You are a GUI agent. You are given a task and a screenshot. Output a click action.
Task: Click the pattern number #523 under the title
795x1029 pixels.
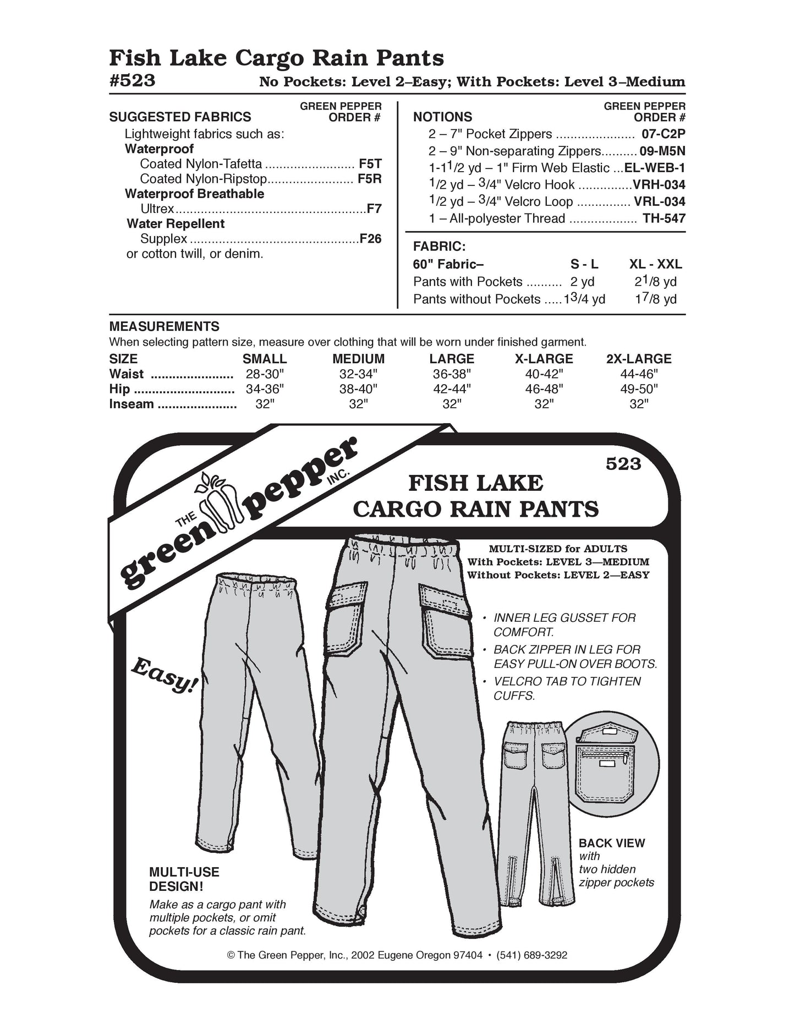tap(132, 81)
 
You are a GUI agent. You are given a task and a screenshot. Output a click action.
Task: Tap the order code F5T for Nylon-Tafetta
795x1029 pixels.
tap(370, 164)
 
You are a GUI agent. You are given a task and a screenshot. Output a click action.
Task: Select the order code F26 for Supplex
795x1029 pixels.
tap(370, 239)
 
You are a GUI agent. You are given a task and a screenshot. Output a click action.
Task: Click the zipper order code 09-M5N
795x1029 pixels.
tap(662, 151)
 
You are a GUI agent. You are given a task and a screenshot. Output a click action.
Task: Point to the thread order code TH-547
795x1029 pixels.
tap(664, 218)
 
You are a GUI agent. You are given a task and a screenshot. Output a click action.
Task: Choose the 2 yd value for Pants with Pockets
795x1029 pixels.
tap(582, 282)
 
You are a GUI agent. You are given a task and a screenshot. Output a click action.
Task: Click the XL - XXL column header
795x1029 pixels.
tap(655, 264)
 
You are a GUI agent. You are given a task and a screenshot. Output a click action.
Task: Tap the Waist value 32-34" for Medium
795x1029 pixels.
tap(358, 374)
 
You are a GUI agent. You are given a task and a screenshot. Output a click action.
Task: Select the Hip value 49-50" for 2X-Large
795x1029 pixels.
tap(638, 389)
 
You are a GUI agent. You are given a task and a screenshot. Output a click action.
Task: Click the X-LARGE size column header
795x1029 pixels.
tap(544, 359)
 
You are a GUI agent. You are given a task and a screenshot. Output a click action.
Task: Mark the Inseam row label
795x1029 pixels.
tap(131, 404)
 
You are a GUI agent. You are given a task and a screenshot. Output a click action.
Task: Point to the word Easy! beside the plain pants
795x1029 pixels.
tap(164, 675)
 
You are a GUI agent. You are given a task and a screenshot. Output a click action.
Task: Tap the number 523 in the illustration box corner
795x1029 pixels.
tap(623, 464)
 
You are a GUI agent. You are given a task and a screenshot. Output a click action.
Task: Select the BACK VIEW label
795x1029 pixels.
tap(611, 843)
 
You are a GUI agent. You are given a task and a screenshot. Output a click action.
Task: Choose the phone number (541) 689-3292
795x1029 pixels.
tap(531, 955)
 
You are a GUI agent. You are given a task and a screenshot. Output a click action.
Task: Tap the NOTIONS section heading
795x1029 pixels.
tap(442, 117)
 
